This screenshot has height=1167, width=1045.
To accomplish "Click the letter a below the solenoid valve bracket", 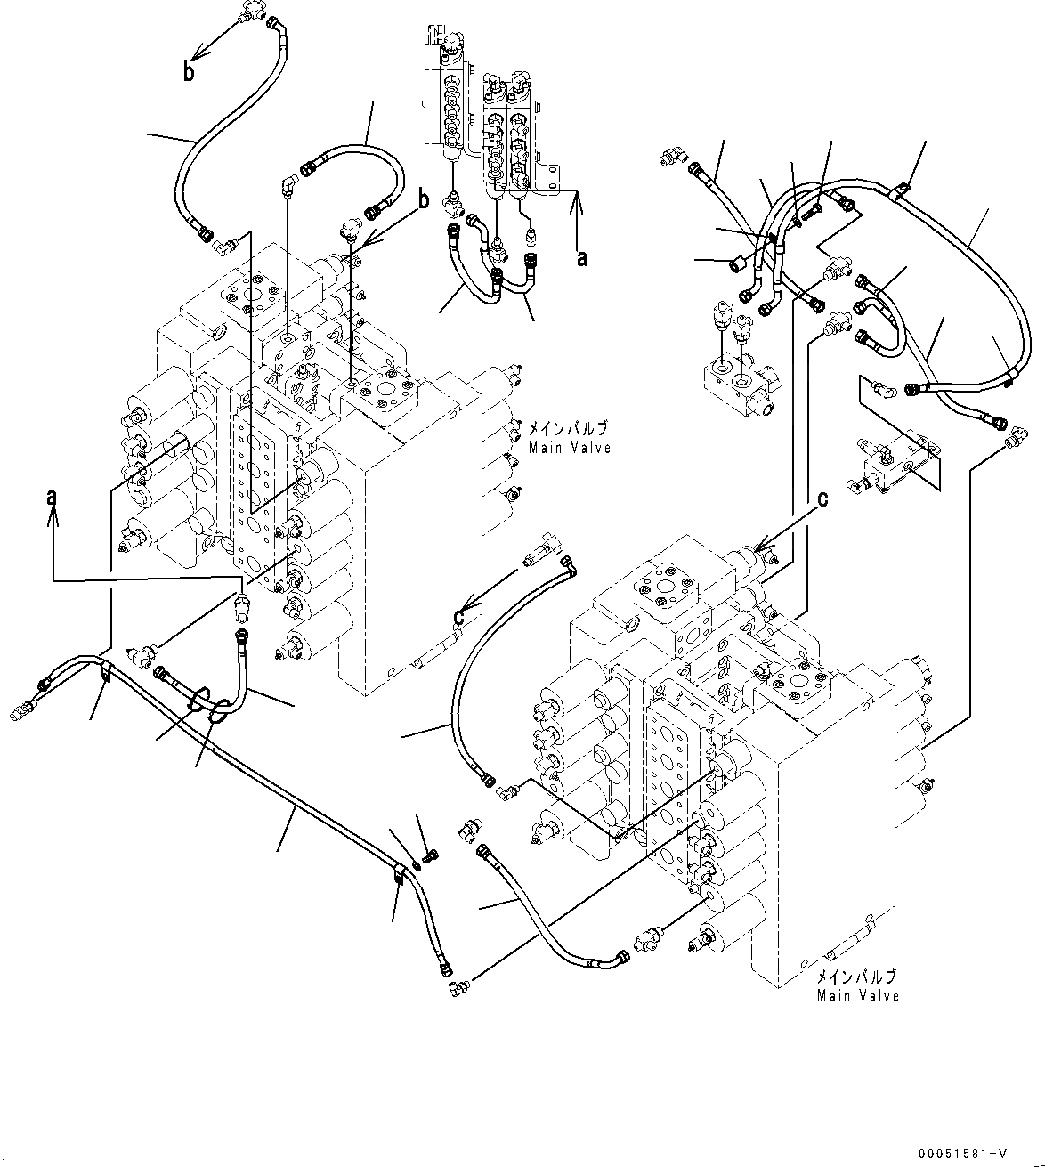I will (x=582, y=258).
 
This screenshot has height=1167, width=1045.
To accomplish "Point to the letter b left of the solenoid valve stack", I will (x=424, y=198).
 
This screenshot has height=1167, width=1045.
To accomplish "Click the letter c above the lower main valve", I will (x=822, y=499).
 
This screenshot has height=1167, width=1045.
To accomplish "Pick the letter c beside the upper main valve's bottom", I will (x=459, y=614).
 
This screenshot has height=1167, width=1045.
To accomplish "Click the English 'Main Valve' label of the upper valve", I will (x=570, y=448).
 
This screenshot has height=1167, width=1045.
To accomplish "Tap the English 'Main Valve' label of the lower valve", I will (x=858, y=995).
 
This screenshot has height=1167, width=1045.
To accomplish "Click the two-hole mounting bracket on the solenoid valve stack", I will (x=547, y=178).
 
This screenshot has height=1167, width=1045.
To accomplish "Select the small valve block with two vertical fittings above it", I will (x=739, y=383).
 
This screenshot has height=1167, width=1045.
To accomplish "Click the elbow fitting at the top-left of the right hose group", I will (x=672, y=158).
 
